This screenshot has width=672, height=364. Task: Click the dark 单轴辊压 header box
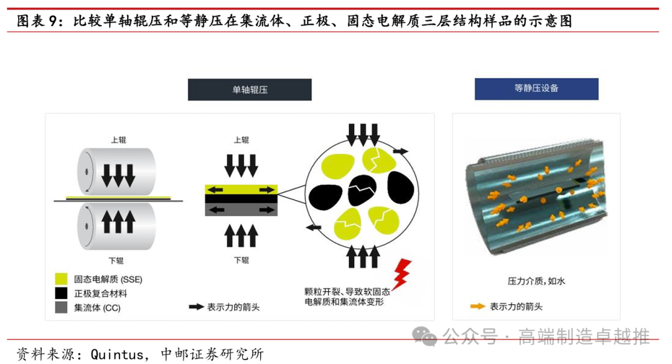[250, 90]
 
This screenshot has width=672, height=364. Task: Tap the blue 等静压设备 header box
[536, 89]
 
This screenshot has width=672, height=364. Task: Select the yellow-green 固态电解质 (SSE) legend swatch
[61, 279]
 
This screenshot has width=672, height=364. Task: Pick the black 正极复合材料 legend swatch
[61, 293]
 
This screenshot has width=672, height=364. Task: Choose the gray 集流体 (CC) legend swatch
[61, 307]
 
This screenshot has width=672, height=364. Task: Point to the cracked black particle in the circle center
[362, 190]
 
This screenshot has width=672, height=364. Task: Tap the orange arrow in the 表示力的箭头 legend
[477, 307]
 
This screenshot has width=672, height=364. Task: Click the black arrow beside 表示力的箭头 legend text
[196, 307]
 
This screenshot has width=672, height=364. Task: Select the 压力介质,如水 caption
[536, 281]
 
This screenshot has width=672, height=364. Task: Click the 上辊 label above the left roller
[119, 140]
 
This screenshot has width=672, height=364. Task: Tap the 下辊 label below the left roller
[116, 261]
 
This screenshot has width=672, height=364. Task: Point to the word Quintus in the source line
[116, 355]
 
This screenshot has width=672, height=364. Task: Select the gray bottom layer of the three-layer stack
[241, 209]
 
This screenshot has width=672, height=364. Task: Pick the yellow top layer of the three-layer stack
[241, 189]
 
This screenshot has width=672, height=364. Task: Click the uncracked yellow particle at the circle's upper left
[338, 165]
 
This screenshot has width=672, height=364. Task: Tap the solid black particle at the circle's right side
[401, 187]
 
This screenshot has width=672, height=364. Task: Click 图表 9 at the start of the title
[37, 21]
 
